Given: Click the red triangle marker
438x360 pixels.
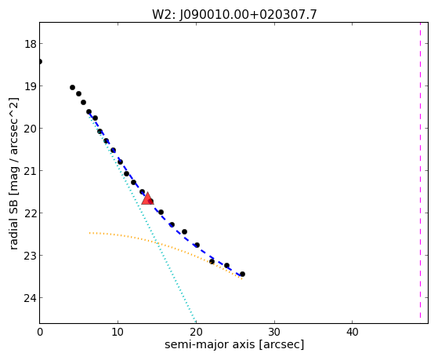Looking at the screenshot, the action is point(147,198).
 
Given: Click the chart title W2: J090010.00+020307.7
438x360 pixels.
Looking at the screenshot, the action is point(234,15).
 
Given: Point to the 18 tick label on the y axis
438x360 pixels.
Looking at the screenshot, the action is point(30,44).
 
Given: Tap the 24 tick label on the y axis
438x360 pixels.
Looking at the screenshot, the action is point(30,298).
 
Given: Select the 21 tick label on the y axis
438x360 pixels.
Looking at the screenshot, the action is point(30,171).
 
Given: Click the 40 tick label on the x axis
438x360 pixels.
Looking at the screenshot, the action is point(353,333).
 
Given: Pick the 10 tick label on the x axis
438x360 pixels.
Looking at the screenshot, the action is point(118,333).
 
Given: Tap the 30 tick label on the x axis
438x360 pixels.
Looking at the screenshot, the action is point(274,333).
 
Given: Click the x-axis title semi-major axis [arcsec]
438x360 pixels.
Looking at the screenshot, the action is point(234,344).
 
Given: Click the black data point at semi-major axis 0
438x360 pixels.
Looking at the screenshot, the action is point(40,61).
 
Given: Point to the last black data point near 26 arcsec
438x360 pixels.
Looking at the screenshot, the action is point(242,275).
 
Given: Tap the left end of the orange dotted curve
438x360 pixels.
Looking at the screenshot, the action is point(89,233).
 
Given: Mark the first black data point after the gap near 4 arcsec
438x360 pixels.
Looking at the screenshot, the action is point(72,88).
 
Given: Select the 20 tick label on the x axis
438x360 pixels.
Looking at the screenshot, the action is point(196,333).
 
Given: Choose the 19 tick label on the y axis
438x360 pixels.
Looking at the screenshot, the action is point(30,86).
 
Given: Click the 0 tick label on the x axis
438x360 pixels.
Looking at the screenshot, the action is point(40,333).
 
